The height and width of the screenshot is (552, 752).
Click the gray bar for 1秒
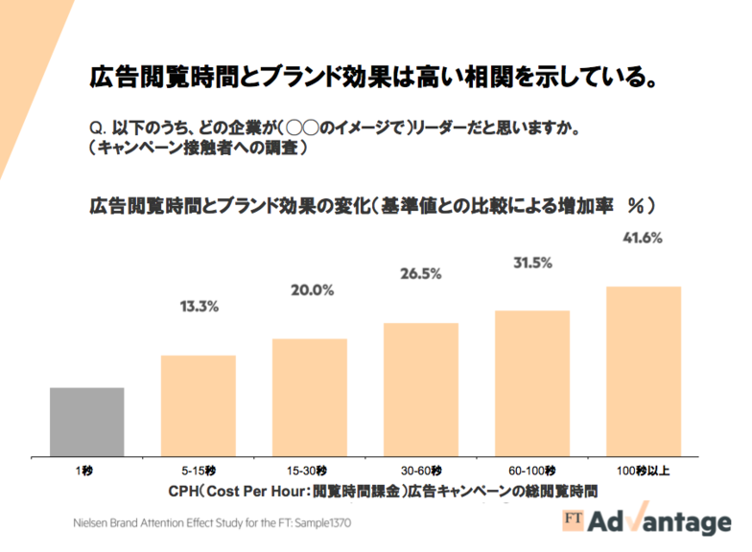coord(87,422)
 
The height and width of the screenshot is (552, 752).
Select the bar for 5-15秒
coord(199,405)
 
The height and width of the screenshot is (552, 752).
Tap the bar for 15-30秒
coord(309,397)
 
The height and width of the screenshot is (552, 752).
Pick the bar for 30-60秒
coord(421,389)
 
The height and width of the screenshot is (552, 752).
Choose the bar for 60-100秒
coord(532,383)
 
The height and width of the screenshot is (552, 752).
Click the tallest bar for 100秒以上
coord(644,371)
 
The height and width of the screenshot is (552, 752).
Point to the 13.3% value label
coord(200,307)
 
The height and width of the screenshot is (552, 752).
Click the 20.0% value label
coord(310,289)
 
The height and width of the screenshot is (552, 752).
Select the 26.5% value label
coord(420,273)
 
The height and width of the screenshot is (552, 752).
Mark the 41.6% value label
coord(643,238)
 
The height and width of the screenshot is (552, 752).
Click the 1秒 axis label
coord(87,471)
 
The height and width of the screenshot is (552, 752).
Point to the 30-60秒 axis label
coord(421,471)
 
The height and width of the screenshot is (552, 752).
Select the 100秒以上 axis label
coord(644,471)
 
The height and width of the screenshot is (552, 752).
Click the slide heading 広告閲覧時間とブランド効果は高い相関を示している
coord(373,77)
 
